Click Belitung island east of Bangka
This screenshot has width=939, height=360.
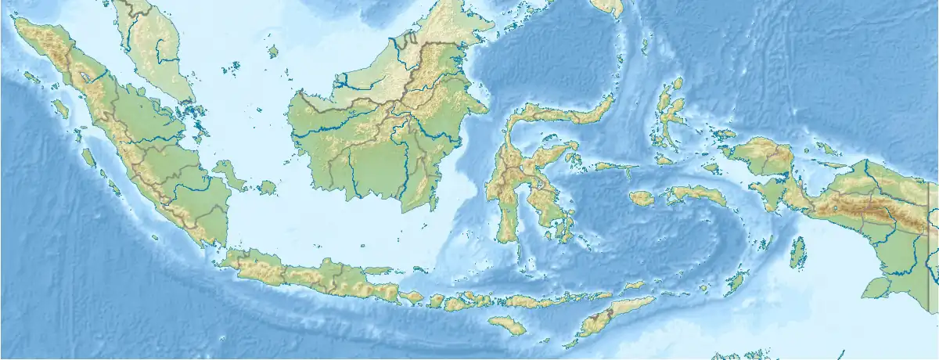[x=268, y=188]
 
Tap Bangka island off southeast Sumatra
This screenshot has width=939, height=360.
[x=228, y=173]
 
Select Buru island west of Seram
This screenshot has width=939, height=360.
[x=642, y=199]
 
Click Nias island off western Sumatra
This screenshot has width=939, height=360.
[x=60, y=109]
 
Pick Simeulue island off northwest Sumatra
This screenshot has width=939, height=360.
[x=31, y=77]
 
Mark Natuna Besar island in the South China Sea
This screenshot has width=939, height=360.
[x=273, y=52]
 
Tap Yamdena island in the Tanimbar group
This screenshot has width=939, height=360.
[x=736, y=280]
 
